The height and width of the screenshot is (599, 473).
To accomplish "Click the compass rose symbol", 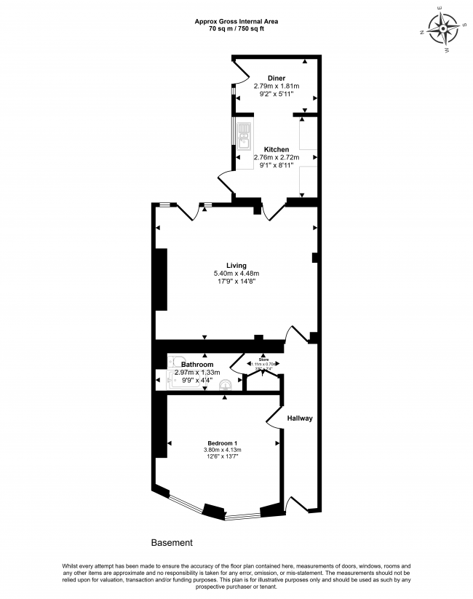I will point(442,30).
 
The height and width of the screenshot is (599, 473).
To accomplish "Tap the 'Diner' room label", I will point(276,78).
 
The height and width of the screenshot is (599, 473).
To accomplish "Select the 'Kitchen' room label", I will point(276,149).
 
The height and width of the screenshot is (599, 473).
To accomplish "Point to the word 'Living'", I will point(236,265).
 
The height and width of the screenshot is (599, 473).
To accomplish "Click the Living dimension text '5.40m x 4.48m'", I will point(236,274).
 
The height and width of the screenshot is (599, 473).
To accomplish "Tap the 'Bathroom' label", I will point(197,364).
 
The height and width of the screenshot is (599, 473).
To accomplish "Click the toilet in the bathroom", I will point(175,361).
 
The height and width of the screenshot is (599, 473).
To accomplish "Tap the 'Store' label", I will point(263,359).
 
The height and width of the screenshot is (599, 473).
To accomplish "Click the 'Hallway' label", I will point(299,418).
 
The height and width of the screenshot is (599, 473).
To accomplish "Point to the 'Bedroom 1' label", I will point(222,443).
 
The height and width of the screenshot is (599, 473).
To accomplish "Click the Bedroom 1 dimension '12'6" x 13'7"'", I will point(222,457).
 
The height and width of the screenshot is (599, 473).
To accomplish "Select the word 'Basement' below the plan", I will point(172,543).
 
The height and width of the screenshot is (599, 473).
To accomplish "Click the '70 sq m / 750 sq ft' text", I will point(236,30).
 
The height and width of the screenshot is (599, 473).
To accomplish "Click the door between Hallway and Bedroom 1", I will point(275,416).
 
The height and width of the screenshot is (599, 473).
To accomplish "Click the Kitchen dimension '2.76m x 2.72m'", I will point(276,157).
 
